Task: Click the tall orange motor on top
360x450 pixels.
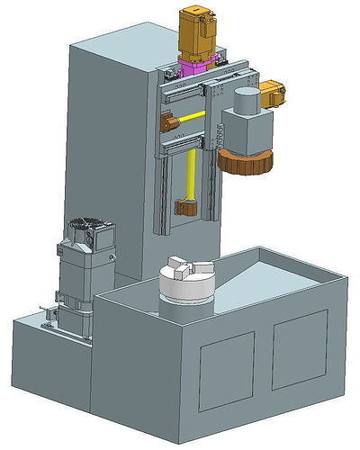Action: (x=200, y=33)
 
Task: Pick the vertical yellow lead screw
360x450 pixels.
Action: (x=191, y=175)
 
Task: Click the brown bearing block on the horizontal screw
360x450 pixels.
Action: (x=168, y=121)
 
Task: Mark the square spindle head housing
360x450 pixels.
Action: (x=247, y=130)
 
